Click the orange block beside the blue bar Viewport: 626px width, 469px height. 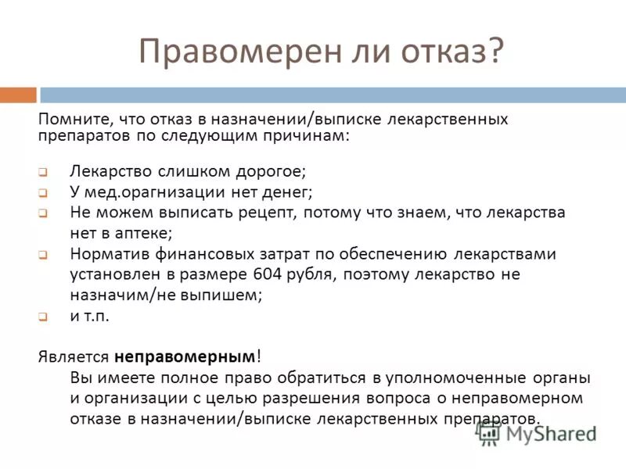(x=18, y=95)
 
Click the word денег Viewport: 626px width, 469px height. (x=286, y=191)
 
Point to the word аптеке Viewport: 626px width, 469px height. (x=138, y=233)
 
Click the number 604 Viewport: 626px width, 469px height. (x=270, y=275)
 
